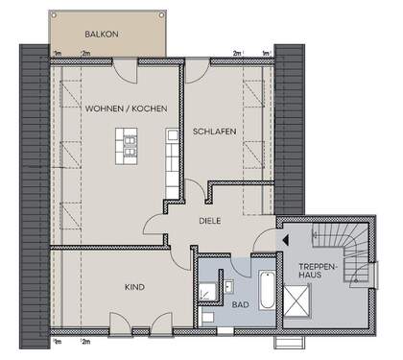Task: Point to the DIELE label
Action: (x=210, y=220)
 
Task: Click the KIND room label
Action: (x=133, y=286)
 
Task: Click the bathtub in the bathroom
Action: (x=266, y=289)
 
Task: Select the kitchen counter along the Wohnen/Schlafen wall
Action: (x=172, y=163)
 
